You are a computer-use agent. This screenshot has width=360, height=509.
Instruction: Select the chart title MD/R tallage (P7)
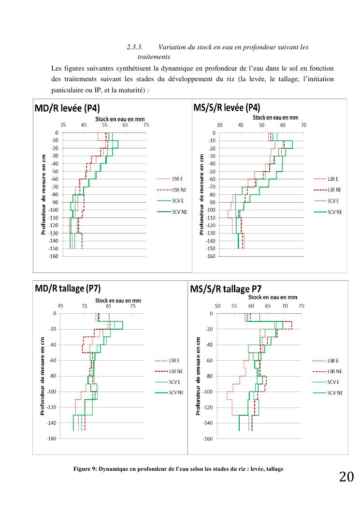click(x=67, y=289)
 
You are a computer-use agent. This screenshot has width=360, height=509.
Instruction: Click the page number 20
click(x=346, y=477)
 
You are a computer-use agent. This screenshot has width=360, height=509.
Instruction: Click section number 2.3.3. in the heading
click(x=135, y=47)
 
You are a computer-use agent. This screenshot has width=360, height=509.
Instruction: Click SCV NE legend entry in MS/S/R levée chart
click(x=334, y=212)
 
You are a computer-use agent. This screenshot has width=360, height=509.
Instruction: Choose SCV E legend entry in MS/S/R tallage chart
click(x=333, y=382)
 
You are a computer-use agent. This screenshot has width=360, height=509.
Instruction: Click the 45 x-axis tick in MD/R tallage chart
click(x=60, y=306)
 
